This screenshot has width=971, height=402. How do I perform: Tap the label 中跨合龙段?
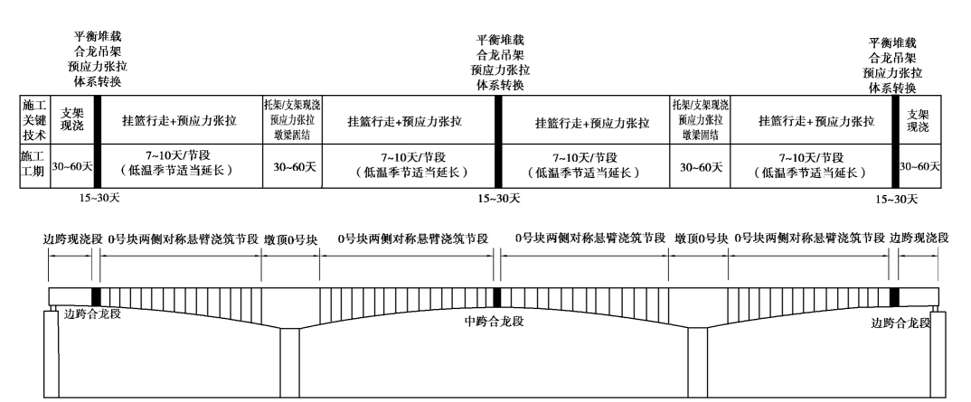pos(493,322)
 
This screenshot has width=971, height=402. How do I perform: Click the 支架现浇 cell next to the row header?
pos(71,121)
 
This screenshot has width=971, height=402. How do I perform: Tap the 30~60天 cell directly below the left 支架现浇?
pos(71,165)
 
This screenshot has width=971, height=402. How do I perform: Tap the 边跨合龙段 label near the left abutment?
pos(93,314)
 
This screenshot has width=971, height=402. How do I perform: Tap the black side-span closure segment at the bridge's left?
pos(97,297)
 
